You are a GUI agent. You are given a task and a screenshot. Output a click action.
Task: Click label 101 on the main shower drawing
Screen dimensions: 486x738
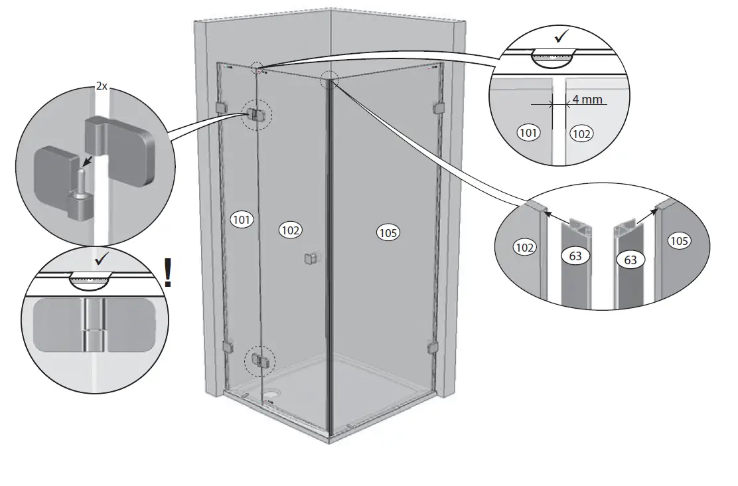click(242, 220)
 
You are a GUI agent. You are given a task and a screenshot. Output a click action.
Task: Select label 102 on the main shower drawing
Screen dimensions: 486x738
click(291, 230)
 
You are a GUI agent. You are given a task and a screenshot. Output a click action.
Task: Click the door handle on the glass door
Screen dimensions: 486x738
click(310, 260)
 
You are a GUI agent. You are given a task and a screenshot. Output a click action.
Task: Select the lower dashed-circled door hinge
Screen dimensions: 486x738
click(258, 361)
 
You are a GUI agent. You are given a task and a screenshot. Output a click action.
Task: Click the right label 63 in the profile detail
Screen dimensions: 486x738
click(630, 260)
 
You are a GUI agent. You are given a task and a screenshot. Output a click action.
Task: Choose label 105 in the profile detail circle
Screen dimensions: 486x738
click(679, 241)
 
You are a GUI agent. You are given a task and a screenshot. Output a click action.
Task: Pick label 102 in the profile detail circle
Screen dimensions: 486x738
click(525, 247)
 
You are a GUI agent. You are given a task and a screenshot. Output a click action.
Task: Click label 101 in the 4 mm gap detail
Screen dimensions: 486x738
click(528, 133)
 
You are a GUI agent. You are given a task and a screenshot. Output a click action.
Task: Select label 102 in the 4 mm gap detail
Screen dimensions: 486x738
click(581, 133)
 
